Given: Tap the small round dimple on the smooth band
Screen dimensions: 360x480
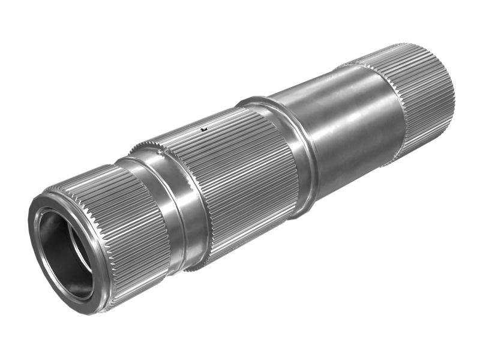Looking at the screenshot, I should (x=160, y=152).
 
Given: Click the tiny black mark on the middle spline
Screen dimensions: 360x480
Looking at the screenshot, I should (x=204, y=128).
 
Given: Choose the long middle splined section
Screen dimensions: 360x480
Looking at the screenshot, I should (x=240, y=174).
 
